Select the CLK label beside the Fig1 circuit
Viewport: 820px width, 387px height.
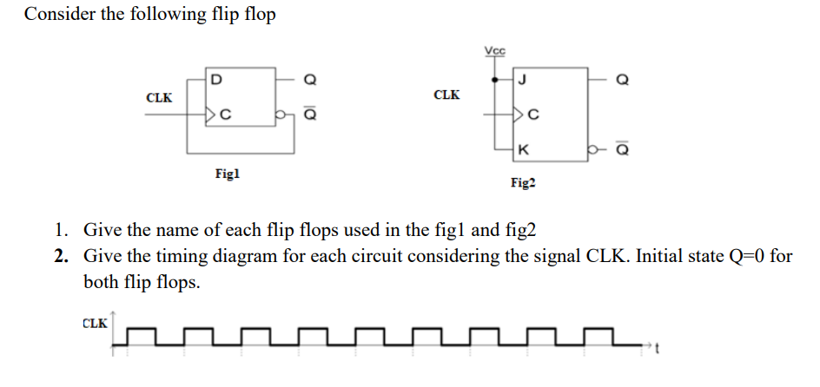click(x=158, y=97)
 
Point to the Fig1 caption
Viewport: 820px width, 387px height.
click(x=227, y=174)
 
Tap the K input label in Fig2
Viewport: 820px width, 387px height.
click(x=520, y=149)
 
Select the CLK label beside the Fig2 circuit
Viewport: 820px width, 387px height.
click(x=446, y=94)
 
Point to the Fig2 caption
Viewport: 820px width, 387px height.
click(x=524, y=183)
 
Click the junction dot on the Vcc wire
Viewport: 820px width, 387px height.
click(x=495, y=80)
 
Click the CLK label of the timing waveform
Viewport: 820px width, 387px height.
click(x=95, y=324)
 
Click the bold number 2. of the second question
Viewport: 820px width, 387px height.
click(x=62, y=257)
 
